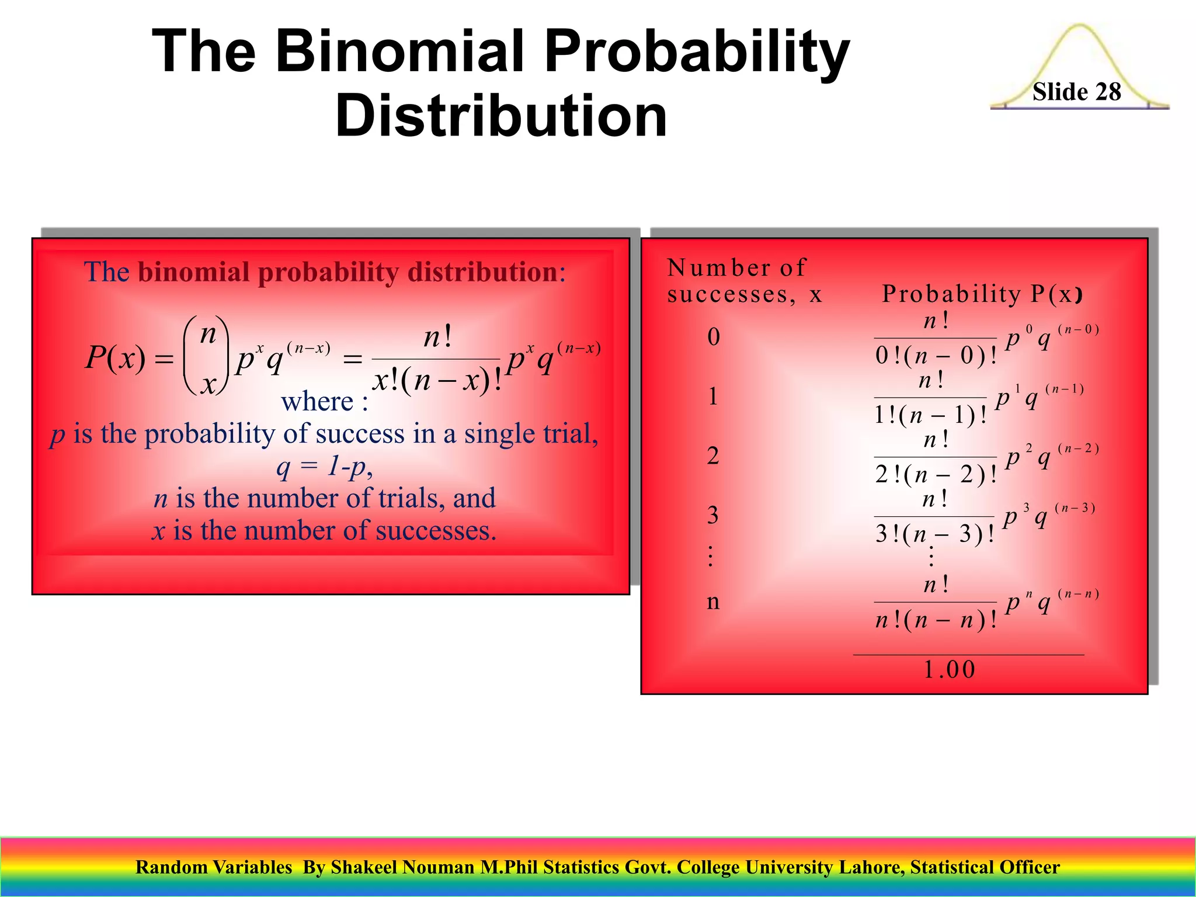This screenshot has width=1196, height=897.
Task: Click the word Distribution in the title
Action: click(x=501, y=116)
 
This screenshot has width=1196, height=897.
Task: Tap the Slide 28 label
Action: click(x=1076, y=92)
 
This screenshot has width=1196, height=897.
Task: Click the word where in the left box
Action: click(x=317, y=401)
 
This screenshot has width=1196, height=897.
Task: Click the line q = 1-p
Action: click(x=324, y=466)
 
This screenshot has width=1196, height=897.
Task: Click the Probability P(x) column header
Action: click(x=982, y=294)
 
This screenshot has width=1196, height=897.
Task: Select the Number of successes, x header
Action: click(x=744, y=281)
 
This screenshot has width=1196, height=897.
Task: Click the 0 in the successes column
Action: click(x=713, y=337)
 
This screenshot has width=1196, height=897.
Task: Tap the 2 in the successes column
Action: click(x=712, y=456)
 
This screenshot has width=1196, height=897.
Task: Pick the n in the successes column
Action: click(x=712, y=602)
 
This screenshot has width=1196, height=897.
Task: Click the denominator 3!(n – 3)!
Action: click(x=934, y=534)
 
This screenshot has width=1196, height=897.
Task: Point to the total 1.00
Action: click(x=950, y=669)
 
